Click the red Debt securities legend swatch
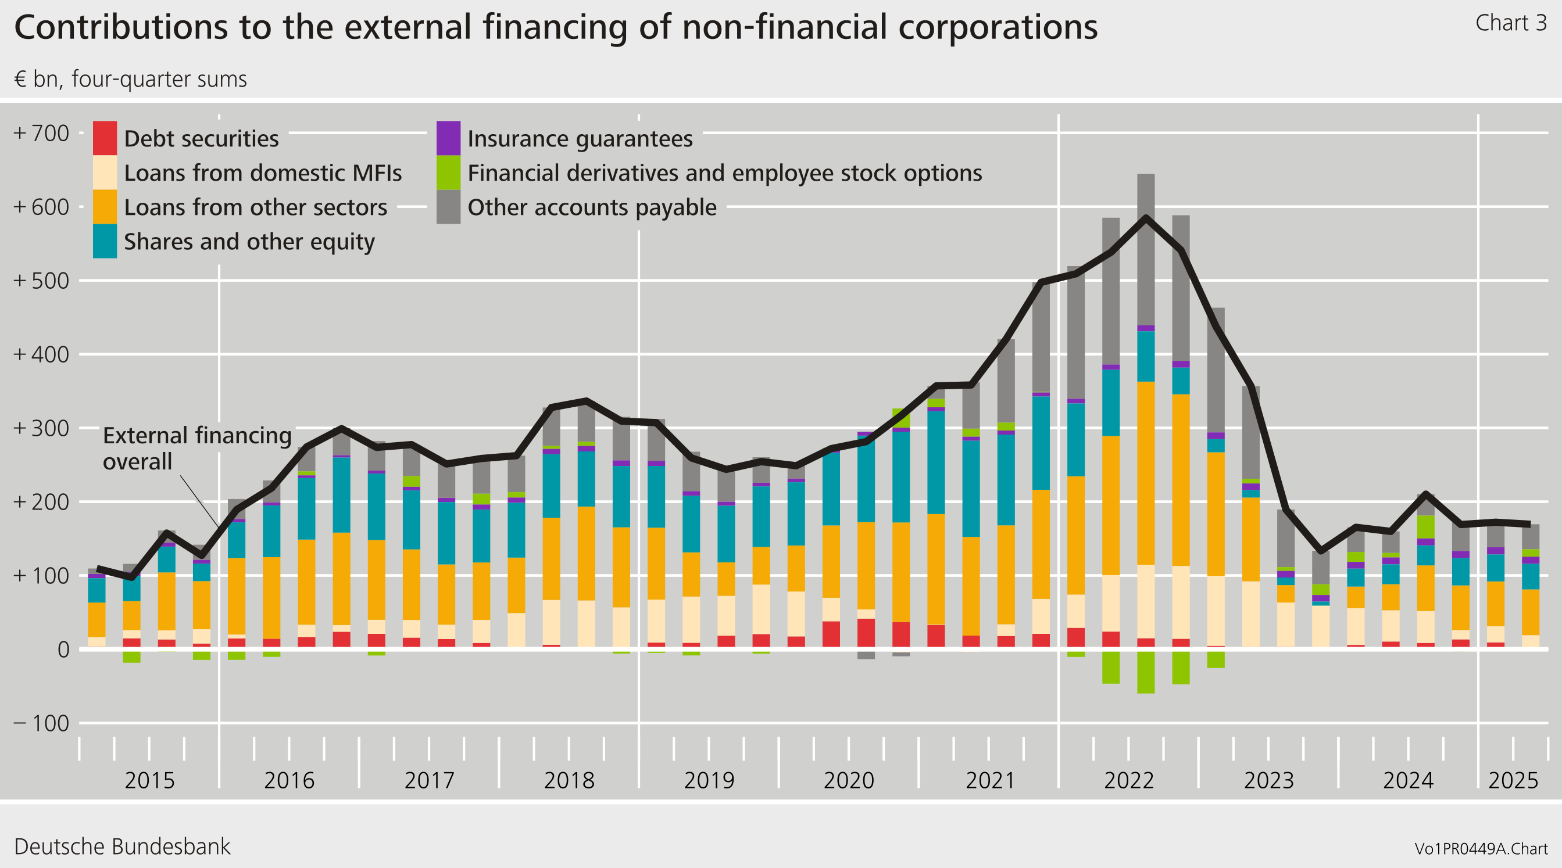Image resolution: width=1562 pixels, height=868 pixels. click(104, 138)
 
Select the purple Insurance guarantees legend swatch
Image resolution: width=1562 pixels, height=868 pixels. click(448, 138)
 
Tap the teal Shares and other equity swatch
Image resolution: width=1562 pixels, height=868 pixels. click(104, 241)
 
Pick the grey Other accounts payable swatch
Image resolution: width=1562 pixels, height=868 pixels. click(448, 207)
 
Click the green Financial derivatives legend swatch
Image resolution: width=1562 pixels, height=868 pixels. click(448, 173)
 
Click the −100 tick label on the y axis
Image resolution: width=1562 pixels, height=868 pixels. click(41, 723)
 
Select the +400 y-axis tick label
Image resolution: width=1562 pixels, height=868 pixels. click(41, 354)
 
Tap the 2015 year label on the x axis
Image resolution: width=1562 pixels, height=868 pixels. click(149, 780)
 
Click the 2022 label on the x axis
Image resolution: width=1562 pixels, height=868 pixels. click(1128, 780)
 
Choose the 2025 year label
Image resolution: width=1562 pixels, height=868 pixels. click(1513, 780)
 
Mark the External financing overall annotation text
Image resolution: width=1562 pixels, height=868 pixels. click(197, 448)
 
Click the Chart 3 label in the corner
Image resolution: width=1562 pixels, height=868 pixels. click(1510, 23)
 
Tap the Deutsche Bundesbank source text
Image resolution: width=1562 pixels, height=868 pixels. click(122, 846)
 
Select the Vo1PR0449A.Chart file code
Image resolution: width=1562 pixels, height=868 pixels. click(1481, 849)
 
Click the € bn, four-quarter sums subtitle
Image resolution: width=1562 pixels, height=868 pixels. click(130, 80)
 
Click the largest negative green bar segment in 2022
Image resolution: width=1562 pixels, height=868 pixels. click(1145, 672)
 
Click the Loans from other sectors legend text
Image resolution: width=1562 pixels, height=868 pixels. click(255, 207)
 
